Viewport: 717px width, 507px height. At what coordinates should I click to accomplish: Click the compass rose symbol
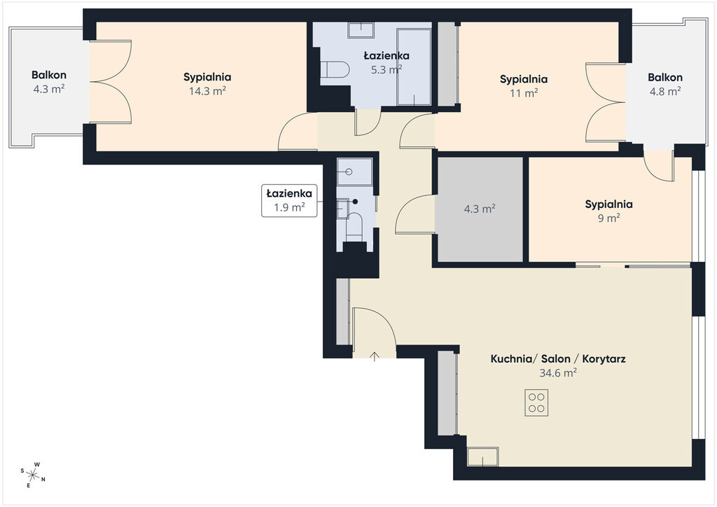33,475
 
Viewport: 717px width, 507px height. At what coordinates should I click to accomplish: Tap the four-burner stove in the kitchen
536,402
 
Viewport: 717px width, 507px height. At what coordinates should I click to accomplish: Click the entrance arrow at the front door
375,356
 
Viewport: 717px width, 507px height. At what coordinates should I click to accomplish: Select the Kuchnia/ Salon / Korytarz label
558,359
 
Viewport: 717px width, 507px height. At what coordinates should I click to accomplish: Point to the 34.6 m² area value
558,373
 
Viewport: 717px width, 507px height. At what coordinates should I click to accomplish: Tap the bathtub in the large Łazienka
414,67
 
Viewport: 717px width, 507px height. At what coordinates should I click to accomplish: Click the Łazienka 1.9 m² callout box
289,200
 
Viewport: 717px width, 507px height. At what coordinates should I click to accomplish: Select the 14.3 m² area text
207,90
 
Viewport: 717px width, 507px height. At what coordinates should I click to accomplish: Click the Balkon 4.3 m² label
49,82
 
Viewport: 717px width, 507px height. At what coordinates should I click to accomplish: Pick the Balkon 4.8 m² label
665,84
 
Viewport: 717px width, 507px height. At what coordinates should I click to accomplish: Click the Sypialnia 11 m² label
524,86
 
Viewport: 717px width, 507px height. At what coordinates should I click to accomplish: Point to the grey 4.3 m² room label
480,209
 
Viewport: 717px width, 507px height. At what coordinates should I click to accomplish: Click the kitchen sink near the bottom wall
483,457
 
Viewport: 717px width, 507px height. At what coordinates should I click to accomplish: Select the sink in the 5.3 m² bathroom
361,29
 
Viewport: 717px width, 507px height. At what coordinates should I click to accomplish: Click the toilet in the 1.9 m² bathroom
354,226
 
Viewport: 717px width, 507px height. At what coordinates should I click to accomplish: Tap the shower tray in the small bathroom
354,172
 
